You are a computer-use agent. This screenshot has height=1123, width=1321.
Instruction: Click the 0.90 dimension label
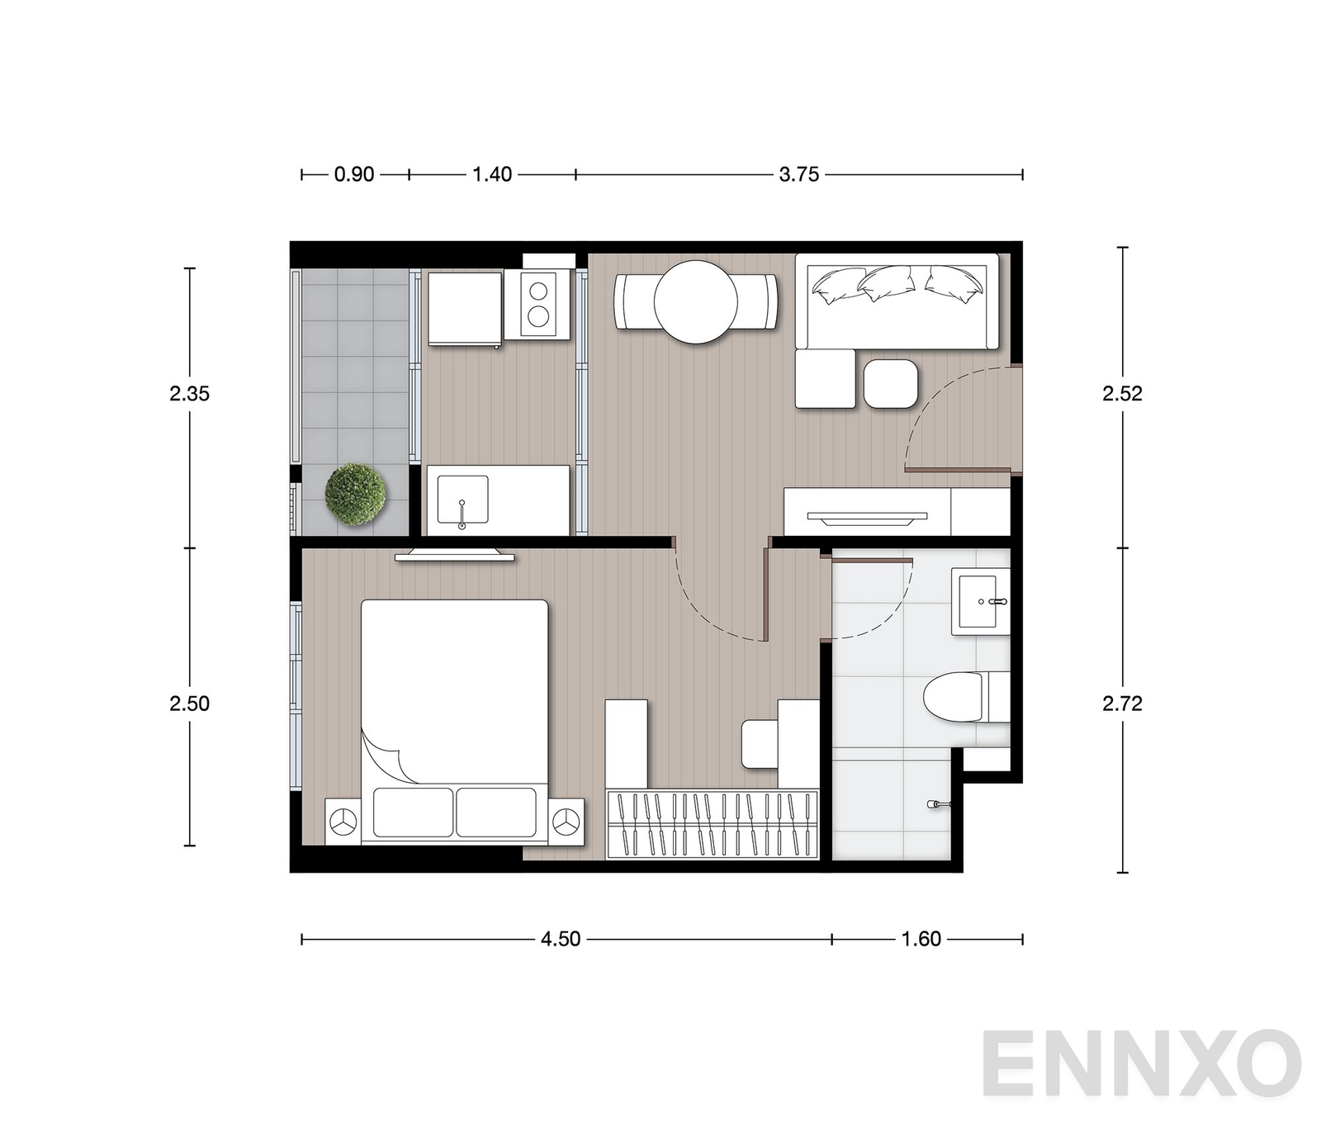click(354, 174)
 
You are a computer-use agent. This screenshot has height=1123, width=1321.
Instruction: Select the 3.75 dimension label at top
click(799, 174)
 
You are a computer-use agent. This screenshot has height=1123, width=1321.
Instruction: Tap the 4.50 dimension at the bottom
click(561, 939)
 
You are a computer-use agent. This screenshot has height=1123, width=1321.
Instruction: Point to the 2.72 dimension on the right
click(1122, 704)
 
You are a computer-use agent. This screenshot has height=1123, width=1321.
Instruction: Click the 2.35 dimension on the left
click(190, 394)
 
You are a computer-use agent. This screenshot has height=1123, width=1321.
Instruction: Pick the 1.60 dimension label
click(921, 939)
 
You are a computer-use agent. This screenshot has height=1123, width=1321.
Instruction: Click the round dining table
click(696, 302)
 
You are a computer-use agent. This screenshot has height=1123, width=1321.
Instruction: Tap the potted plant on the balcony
click(355, 495)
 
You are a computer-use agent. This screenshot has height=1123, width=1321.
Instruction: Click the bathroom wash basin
click(981, 601)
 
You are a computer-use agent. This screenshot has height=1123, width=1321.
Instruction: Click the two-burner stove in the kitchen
click(538, 304)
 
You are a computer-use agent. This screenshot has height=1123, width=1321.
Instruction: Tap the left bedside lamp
click(343, 822)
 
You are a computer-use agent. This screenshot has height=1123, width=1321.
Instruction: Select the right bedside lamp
click(566, 822)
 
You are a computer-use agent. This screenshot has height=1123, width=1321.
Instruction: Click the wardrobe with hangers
click(712, 825)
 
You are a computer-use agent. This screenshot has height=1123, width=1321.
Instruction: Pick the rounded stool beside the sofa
click(891, 384)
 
